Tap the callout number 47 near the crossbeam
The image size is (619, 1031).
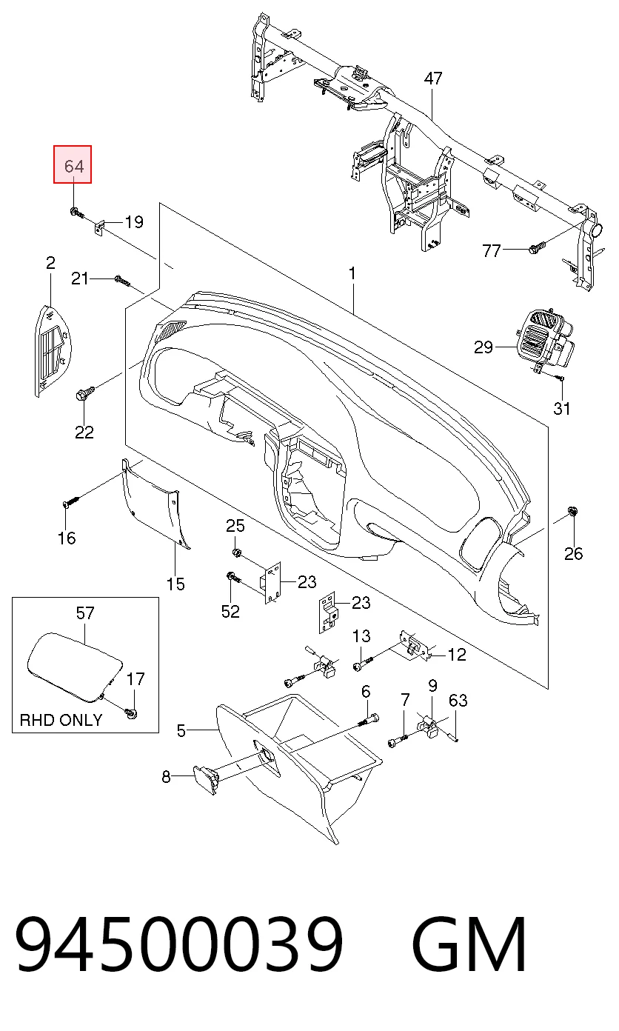click(x=432, y=79)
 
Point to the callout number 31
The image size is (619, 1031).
click(x=561, y=408)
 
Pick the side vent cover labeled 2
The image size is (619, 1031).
click(x=54, y=349)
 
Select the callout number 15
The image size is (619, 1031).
click(x=175, y=584)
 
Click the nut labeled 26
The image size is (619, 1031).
click(x=572, y=511)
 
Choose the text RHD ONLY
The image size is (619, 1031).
click(x=61, y=719)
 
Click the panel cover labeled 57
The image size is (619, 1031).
click(x=73, y=667)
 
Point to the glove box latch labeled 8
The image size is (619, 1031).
click(x=206, y=780)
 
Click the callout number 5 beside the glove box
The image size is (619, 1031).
click(x=181, y=730)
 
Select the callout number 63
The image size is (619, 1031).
click(x=458, y=700)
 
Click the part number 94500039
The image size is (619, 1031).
click(x=179, y=944)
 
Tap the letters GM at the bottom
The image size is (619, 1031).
click(x=469, y=944)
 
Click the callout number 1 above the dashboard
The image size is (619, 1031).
click(x=352, y=273)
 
